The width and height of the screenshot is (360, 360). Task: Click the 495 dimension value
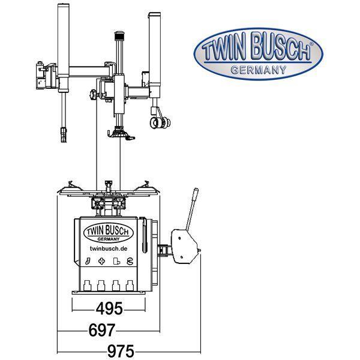(109, 309)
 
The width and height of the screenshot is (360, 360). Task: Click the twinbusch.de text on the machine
(109, 248)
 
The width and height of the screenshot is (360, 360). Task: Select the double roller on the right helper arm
(158, 123)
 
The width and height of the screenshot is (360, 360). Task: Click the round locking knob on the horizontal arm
(92, 95)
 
